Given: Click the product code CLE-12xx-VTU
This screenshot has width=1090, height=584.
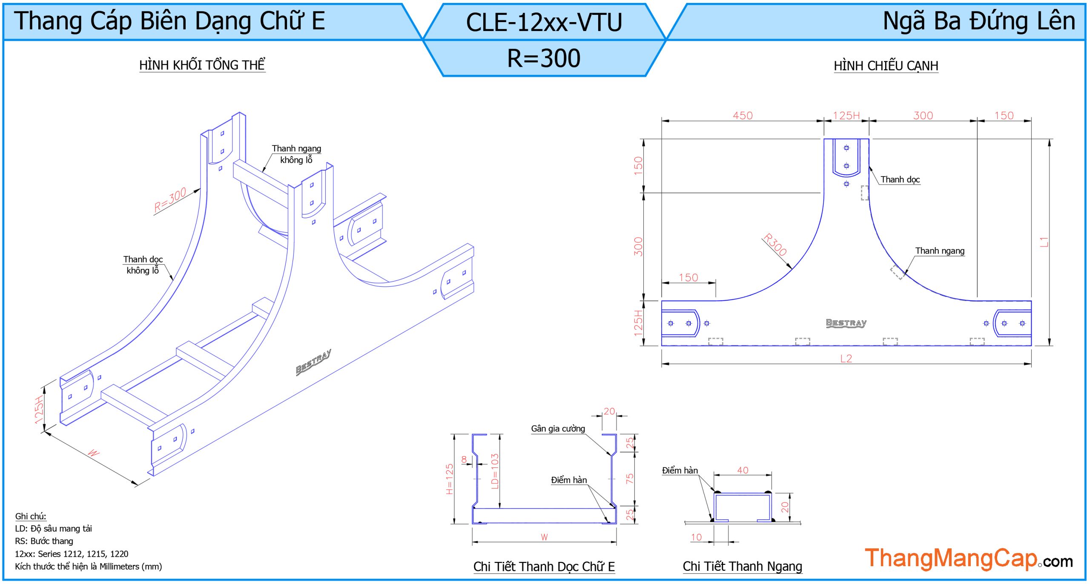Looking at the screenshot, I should [544, 22].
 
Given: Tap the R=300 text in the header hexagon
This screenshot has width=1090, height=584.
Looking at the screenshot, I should [544, 58].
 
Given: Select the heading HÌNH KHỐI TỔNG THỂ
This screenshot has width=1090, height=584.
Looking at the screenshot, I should [202, 65].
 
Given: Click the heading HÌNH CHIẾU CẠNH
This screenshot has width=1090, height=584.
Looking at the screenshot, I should [886, 66].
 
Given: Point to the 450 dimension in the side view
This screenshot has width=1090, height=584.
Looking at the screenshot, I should [743, 115].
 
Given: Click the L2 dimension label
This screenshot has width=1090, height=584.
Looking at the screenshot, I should [846, 359].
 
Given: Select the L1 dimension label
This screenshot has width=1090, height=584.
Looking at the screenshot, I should [1044, 242].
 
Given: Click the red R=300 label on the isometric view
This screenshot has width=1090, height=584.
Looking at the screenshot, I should [170, 199].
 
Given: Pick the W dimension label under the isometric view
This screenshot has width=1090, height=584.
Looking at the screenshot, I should [93, 453].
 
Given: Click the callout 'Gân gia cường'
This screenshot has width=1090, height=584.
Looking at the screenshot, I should [558, 428].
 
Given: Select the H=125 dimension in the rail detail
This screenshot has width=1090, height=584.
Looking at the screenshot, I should [449, 479].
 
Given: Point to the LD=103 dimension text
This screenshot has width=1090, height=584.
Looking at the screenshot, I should [494, 471].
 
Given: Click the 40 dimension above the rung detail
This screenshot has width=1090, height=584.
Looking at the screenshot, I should [743, 470].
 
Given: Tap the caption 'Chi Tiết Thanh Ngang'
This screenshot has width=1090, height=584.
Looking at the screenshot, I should [742, 566].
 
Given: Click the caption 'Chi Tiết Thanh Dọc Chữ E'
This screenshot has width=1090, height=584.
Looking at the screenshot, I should [544, 567].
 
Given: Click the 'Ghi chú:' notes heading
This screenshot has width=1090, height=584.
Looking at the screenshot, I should [31, 516].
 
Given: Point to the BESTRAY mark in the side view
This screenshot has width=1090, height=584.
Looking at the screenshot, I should [846, 323].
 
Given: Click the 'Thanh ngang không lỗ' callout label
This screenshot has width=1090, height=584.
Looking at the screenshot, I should [296, 154].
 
